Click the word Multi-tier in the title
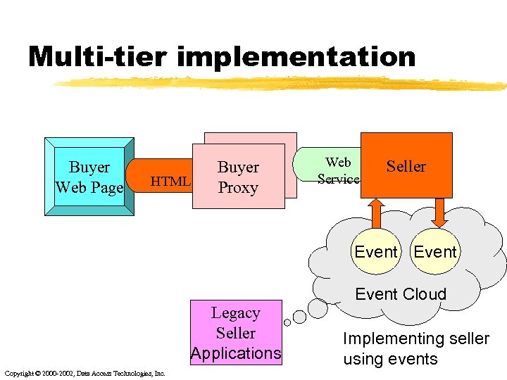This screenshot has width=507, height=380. [x=98, y=56]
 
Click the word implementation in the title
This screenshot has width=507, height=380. [x=296, y=56]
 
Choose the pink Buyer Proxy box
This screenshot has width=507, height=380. [x=238, y=177]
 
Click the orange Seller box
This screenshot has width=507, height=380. [x=406, y=166]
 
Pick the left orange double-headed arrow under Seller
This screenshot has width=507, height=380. [x=375, y=214]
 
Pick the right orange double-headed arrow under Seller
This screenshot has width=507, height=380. [x=441, y=214]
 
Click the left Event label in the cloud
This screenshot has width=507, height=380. [x=376, y=251]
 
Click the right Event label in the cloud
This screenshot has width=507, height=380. [x=435, y=251]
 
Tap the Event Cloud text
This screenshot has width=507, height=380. [x=401, y=294]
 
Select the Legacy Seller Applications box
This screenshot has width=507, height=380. [x=236, y=333]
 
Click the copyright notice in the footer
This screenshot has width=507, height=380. [x=84, y=373]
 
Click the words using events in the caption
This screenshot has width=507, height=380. [x=390, y=359]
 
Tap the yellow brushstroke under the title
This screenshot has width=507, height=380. [x=282, y=84]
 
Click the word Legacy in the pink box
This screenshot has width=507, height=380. [x=236, y=313]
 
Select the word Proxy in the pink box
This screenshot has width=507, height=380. [x=238, y=188]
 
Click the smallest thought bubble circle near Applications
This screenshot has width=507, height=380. [x=287, y=323]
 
